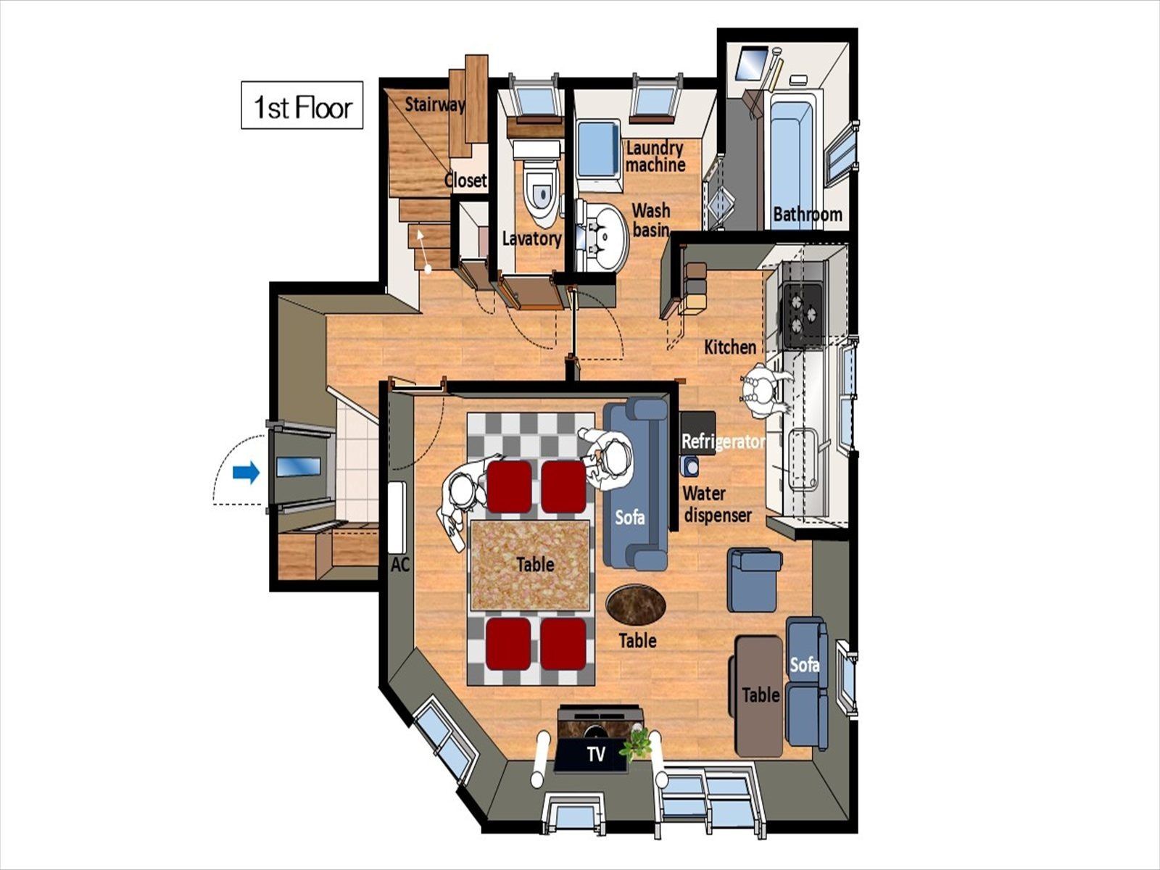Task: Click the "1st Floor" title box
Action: click(x=302, y=104)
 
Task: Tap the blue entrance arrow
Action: click(x=246, y=472)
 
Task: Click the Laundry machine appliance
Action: click(x=598, y=157)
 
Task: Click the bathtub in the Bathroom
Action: click(x=792, y=159)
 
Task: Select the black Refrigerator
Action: click(x=697, y=433)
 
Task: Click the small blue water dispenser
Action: click(x=690, y=466)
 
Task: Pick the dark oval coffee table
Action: click(x=636, y=604)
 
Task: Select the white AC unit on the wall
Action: click(x=397, y=517)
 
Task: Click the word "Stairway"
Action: click(x=435, y=104)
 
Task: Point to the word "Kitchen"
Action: click(x=730, y=347)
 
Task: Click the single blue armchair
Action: click(x=754, y=580)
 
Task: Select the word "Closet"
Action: click(x=465, y=181)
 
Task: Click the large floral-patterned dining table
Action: click(x=530, y=565)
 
